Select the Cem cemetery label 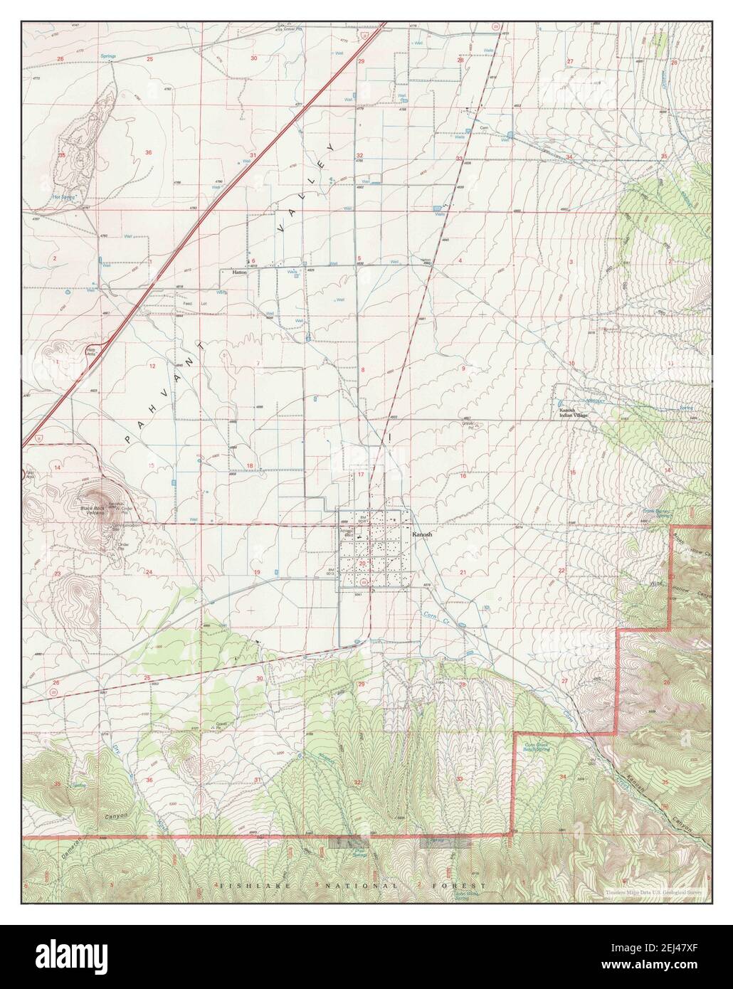point(482,127)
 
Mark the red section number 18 point(249,466)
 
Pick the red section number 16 point(463,476)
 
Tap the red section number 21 point(463,572)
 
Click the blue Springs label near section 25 point(108,55)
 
